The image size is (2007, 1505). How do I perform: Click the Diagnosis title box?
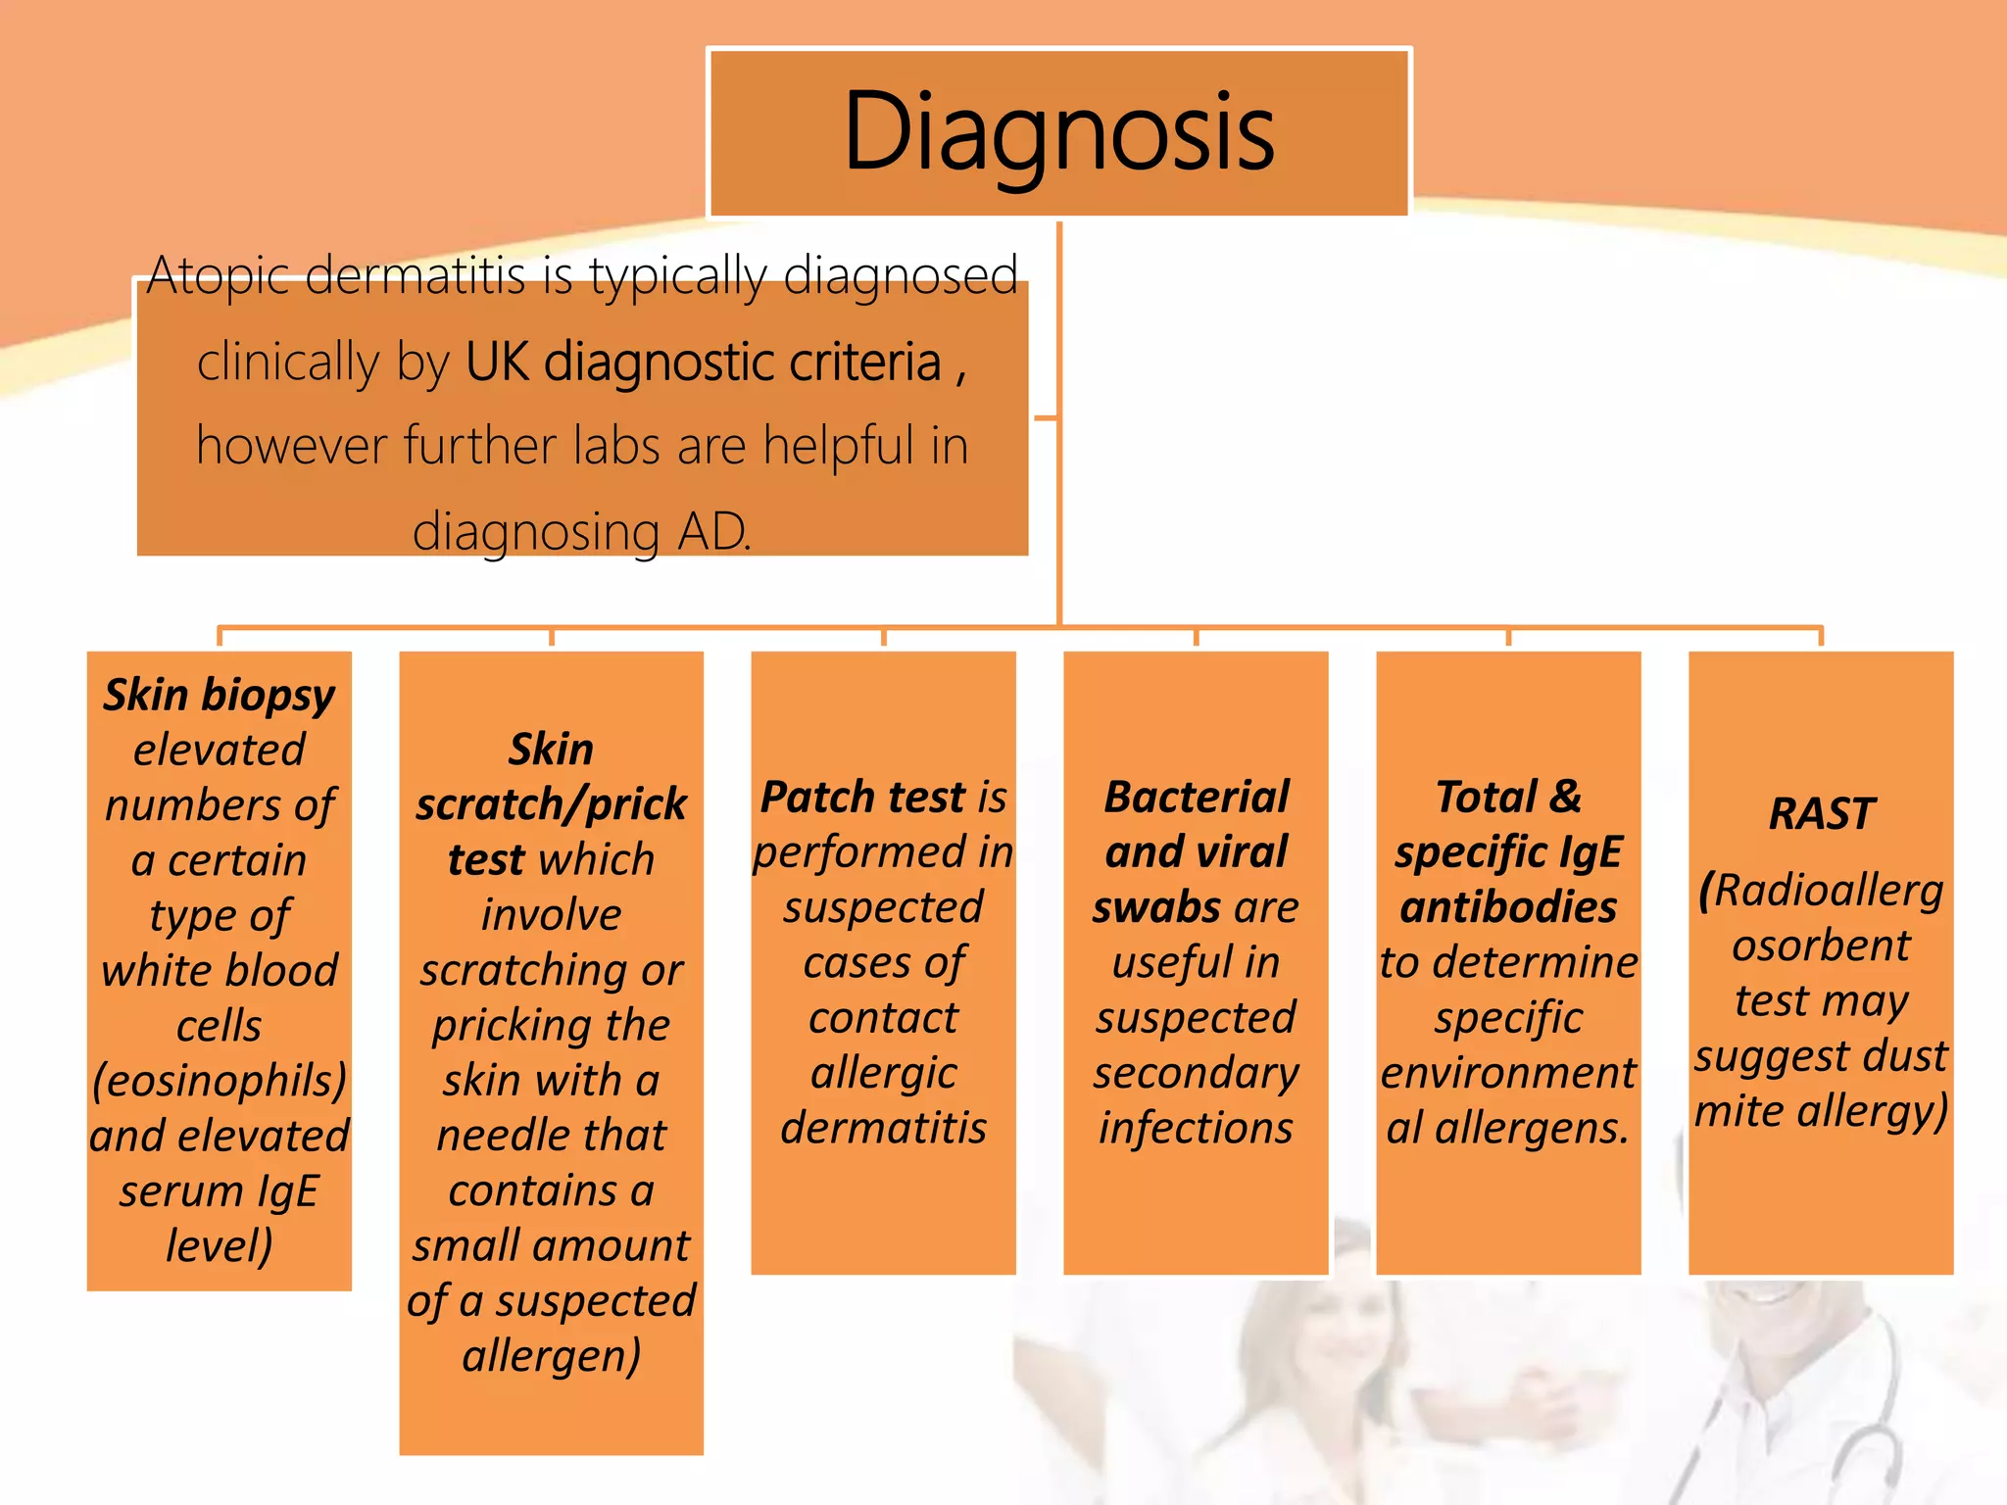click(x=1058, y=132)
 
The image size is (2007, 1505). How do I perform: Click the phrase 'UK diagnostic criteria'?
click(x=703, y=362)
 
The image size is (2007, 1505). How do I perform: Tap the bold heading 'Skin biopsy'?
click(x=220, y=695)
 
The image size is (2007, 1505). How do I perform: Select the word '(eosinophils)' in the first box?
click(x=220, y=1081)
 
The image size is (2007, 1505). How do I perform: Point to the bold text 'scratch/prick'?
click(x=551, y=804)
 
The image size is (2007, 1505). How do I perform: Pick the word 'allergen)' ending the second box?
click(x=551, y=1356)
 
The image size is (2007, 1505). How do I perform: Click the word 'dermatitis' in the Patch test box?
click(x=883, y=1128)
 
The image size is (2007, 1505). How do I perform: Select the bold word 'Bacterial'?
click(x=1196, y=797)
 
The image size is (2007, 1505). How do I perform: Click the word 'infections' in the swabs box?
click(x=1196, y=1128)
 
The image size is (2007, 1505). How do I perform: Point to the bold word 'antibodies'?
click(x=1508, y=907)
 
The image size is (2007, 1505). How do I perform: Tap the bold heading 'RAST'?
click(x=1821, y=814)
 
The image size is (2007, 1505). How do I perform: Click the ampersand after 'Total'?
click(x=1565, y=797)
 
